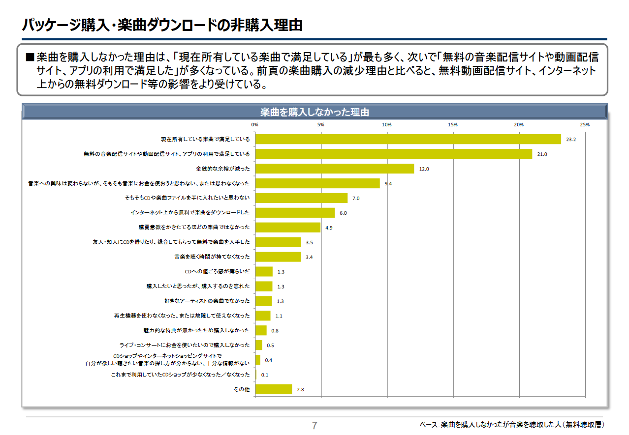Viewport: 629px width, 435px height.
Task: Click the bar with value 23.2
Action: point(408,139)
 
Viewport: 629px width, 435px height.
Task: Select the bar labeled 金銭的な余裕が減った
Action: point(335,169)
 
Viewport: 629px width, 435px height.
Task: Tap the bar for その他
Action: point(274,389)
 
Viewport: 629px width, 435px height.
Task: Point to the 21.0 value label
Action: point(542,154)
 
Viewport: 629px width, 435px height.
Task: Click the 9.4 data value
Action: point(388,184)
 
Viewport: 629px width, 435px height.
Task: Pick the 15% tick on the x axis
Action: point(453,125)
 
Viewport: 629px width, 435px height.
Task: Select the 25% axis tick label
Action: point(585,125)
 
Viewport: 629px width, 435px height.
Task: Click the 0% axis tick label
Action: point(255,125)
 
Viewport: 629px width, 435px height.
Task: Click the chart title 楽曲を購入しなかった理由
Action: point(314,112)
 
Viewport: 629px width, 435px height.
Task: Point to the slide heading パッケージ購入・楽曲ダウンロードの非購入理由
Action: point(162,26)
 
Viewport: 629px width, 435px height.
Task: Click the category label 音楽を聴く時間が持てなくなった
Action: point(212,257)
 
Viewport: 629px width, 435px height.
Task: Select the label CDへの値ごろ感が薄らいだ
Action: point(217,272)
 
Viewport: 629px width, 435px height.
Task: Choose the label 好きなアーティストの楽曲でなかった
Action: point(207,301)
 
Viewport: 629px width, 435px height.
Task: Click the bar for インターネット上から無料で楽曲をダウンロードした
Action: point(295,213)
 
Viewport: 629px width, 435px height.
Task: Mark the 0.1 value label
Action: point(265,375)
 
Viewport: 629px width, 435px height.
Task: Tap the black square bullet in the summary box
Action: point(30,58)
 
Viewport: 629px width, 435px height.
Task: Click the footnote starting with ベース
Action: point(512,424)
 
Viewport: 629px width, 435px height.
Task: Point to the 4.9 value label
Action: point(329,228)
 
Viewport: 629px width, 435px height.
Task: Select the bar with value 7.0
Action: point(301,198)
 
